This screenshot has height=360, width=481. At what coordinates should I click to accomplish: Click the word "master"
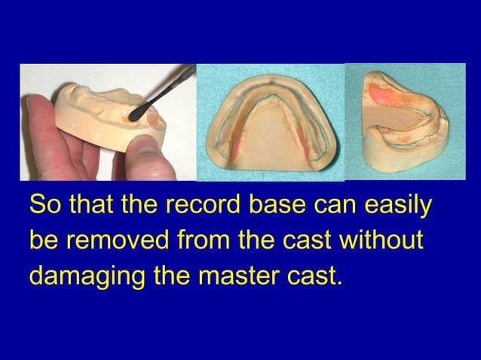click(x=237, y=276)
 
